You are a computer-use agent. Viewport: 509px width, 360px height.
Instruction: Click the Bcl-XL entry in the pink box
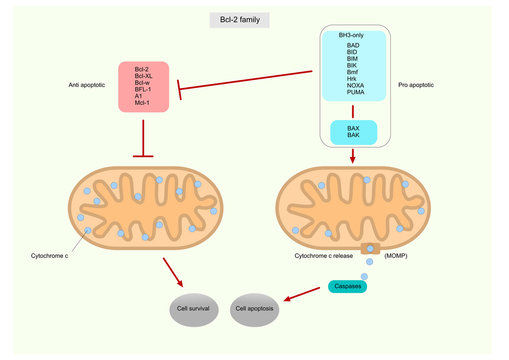coord(144,77)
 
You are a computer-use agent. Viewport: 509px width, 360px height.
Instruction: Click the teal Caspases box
coord(347,287)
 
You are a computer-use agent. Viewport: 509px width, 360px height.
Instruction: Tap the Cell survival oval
coord(193,309)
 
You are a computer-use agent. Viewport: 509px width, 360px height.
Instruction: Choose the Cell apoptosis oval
coord(255,309)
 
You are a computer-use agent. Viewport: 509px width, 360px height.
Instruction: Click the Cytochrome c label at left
coord(53,256)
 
